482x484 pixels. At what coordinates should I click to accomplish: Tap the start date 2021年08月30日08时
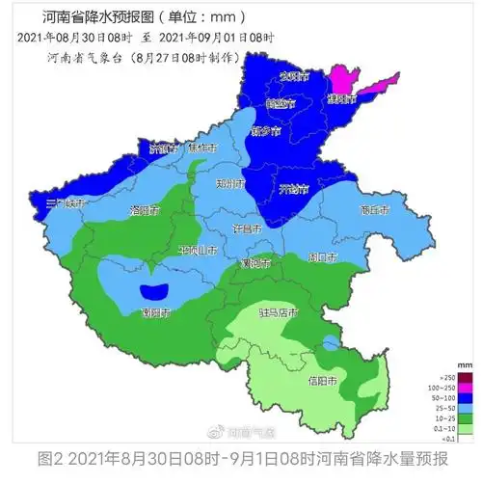point(77,38)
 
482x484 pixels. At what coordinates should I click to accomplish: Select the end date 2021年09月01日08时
point(216,38)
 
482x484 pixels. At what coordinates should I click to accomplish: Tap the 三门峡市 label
point(67,204)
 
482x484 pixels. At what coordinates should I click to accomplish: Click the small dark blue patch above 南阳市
point(154,290)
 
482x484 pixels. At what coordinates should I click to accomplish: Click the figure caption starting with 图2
point(241,461)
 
